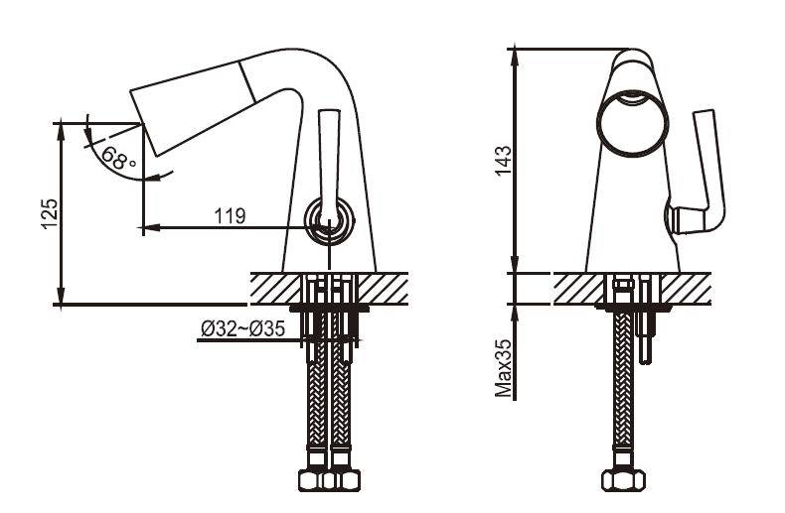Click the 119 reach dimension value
point(231,215)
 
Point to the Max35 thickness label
point(503,367)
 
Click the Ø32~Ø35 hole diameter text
point(242,328)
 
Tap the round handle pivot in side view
point(329,218)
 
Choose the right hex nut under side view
point(342,479)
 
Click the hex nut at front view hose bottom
point(623,479)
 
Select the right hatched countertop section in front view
point(686,289)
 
